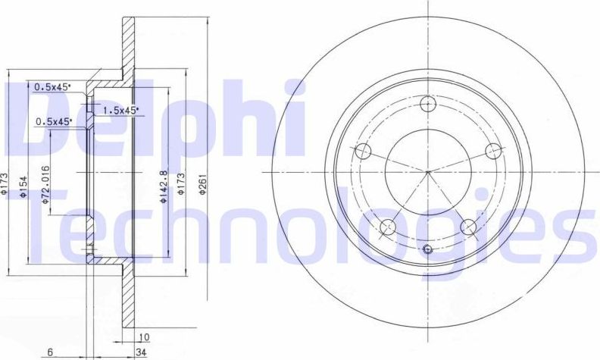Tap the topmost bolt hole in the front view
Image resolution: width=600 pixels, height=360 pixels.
click(x=428, y=105)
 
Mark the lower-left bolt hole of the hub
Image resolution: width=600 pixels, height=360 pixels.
click(x=389, y=225)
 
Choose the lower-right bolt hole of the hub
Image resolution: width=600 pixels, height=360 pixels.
click(x=468, y=225)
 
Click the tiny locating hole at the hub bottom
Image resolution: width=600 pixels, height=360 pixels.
click(x=428, y=250)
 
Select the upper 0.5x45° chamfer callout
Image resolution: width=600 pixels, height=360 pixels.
click(x=52, y=87)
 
